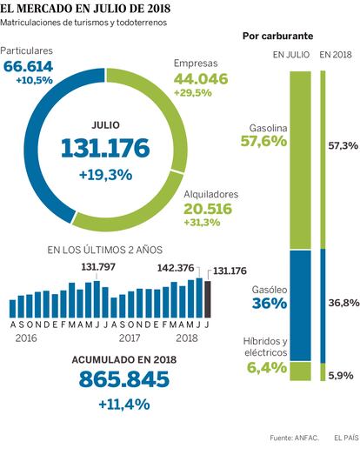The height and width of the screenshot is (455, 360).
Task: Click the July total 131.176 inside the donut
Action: point(105,148)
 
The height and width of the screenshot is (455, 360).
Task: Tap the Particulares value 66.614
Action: point(28,66)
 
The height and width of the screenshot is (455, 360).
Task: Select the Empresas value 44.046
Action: point(201,79)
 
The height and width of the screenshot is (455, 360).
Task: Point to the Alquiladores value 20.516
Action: point(208,209)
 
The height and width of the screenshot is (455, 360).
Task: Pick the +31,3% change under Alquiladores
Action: point(202,222)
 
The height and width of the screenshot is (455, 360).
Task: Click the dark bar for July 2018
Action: point(208,299)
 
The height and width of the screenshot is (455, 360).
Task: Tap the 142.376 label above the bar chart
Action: point(175,268)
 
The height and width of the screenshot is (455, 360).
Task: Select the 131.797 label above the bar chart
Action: point(98,267)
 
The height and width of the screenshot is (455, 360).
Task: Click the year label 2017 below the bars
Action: point(130,338)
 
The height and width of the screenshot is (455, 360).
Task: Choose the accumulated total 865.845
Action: point(123,379)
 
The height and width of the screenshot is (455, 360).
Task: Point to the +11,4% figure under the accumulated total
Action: point(124,405)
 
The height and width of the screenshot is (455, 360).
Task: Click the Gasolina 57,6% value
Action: point(263,141)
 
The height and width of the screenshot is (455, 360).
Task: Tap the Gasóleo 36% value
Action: point(270,304)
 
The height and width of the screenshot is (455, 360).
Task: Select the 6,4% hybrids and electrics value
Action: point(267,368)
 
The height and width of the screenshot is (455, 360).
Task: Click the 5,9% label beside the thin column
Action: point(341,376)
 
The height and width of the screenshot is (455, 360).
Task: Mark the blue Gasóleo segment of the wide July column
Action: point(301,305)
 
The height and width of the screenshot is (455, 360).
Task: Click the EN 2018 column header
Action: point(336,55)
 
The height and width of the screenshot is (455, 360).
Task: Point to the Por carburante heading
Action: point(278,36)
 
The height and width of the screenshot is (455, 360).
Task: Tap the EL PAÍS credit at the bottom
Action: point(346,438)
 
